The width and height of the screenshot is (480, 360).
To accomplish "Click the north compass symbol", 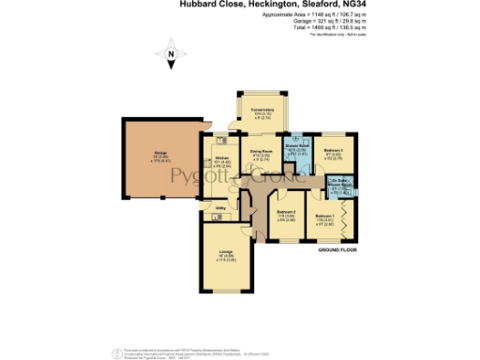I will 171,58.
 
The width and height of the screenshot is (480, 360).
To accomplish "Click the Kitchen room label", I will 222,157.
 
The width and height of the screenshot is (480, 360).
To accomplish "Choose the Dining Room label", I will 261,150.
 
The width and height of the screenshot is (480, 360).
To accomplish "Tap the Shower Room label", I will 295,146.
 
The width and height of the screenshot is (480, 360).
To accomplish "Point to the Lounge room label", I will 227,251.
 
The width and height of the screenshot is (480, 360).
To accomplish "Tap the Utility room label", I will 220,208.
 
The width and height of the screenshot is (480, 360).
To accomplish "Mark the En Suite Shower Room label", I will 339,184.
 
